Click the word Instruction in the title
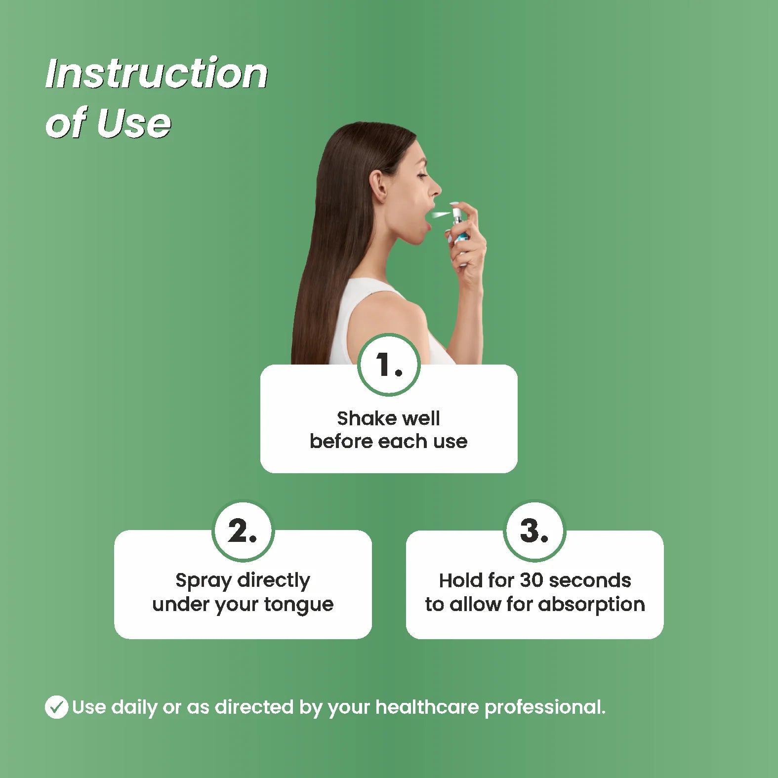pos(157,73)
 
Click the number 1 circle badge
pos(389,365)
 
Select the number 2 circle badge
pos(243,531)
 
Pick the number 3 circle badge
pos(534,531)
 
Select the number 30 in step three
pos(532,580)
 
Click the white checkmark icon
pos(56,707)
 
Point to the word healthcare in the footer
pos(427,707)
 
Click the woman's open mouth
pos(427,216)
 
